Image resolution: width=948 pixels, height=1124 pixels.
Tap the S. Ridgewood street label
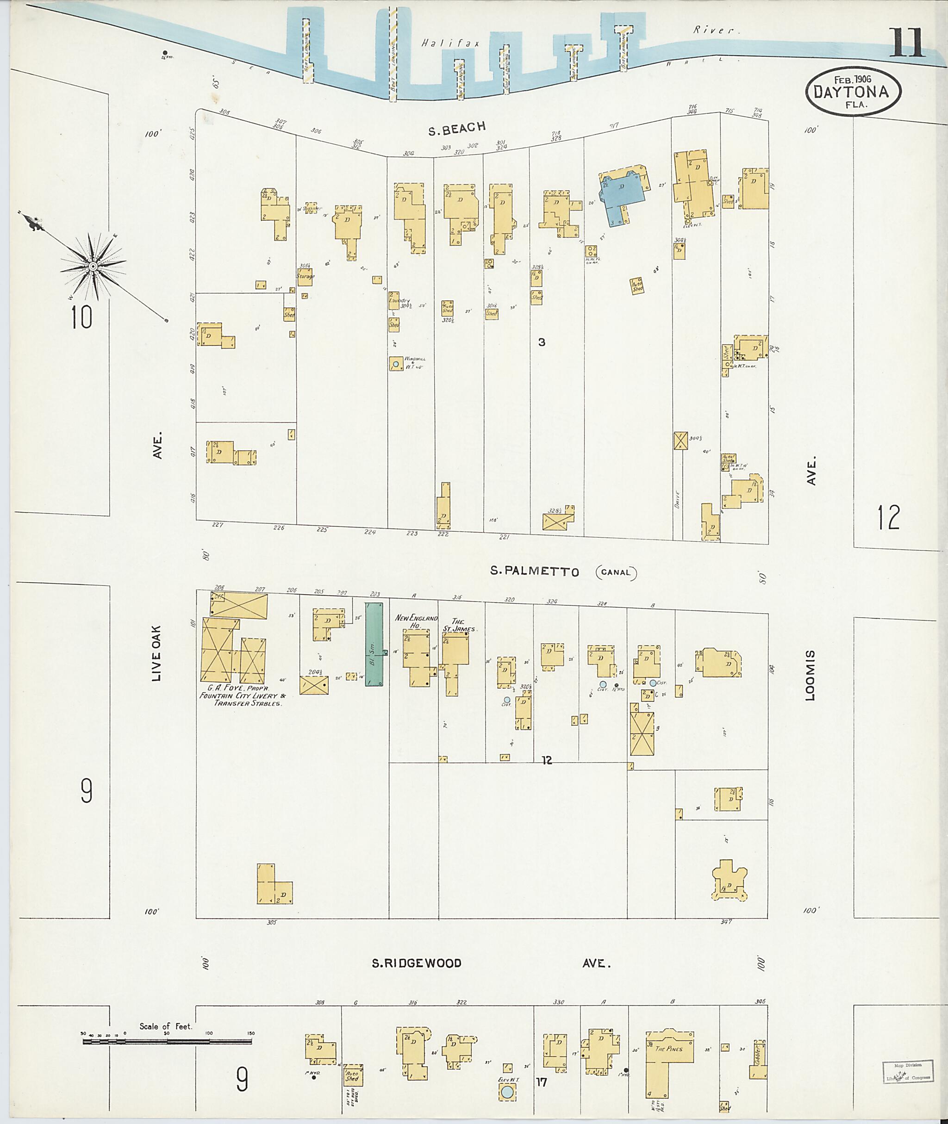coord(417,963)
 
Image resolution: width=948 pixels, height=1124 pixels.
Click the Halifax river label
coord(450,43)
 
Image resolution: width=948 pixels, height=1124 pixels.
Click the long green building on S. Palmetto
coord(374,644)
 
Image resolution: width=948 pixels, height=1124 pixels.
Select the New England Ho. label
coord(417,621)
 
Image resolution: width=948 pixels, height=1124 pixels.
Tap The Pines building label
coord(668,1048)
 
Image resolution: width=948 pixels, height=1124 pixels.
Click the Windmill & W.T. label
coord(414,362)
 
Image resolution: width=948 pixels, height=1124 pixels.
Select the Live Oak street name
coord(156,653)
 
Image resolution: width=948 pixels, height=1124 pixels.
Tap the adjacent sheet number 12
coord(889,517)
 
